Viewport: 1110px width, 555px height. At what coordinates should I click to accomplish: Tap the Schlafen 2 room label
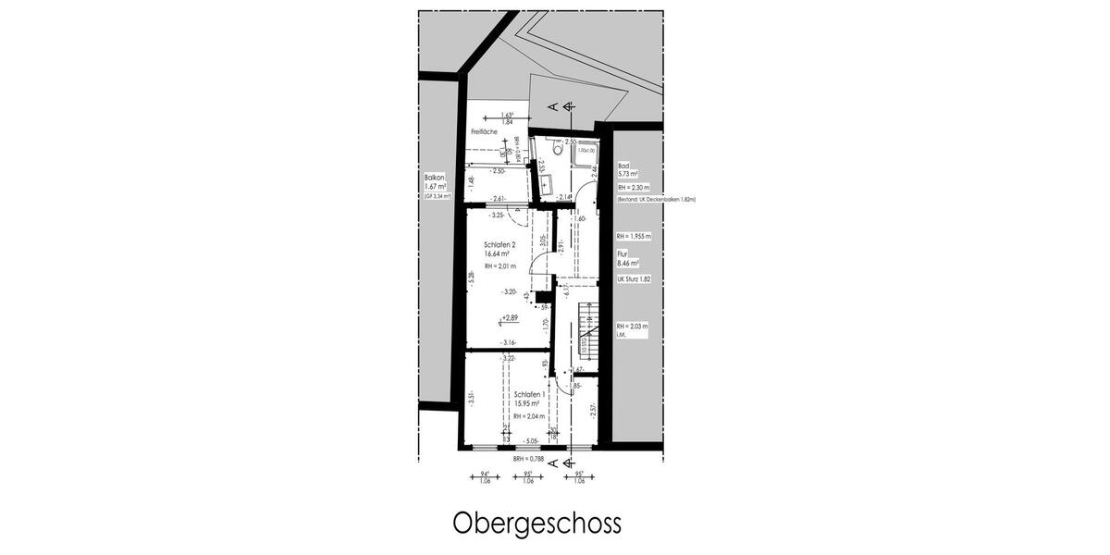tap(500, 246)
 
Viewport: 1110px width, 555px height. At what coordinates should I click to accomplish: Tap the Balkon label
tap(435, 177)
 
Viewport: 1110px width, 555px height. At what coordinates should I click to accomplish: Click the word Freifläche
tap(484, 132)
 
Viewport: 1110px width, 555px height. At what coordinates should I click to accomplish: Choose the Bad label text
tap(623, 166)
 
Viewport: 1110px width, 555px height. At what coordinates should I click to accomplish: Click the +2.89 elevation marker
tap(510, 318)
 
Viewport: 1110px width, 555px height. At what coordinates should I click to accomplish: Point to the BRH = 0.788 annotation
tap(530, 459)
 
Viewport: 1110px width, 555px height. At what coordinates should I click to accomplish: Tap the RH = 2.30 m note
tap(635, 187)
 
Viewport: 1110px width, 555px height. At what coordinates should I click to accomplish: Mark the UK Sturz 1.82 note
tap(635, 277)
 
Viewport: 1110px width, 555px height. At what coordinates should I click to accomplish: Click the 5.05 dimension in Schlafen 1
tap(531, 441)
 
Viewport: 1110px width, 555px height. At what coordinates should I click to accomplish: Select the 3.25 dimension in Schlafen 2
tap(497, 216)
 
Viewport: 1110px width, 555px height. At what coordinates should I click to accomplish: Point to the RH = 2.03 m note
tap(634, 327)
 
